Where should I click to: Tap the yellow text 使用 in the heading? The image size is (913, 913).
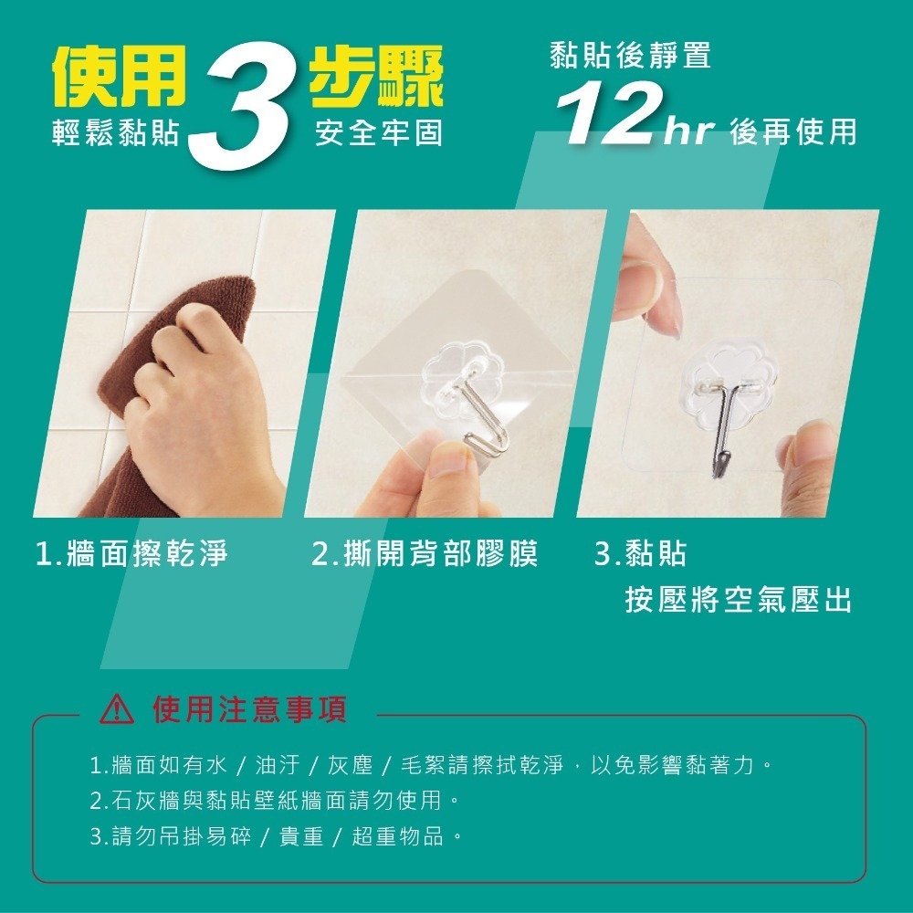119,76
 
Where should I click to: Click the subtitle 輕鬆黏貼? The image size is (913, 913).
116,134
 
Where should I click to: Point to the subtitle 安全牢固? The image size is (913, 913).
378,134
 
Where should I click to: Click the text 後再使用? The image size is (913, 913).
793,132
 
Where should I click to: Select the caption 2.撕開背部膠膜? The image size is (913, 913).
425,553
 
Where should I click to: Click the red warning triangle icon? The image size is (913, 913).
119,710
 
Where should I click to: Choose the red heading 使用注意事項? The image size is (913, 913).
250,710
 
